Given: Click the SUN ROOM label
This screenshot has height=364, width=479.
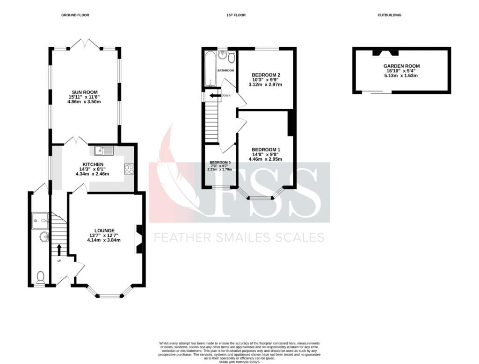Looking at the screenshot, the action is coord(85,92).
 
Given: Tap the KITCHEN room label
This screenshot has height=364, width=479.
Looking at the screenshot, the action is coord(93,164).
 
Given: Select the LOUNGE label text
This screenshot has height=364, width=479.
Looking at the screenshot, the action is coord(104,231).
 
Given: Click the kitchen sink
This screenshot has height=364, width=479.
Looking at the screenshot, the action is coord(104,150).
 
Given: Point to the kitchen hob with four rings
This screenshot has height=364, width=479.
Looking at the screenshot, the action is coord(129,169).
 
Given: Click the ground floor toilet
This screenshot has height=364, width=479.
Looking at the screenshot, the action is coord(40,278).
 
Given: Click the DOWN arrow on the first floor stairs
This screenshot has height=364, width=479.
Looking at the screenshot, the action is coord(215,96).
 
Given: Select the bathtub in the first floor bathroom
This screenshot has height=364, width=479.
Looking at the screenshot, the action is coord(210,69).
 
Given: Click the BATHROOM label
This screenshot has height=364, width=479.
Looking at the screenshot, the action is coord(225,71).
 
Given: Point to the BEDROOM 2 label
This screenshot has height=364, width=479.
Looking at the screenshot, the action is coord(266,75).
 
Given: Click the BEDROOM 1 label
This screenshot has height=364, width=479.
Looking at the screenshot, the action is coord(266,150).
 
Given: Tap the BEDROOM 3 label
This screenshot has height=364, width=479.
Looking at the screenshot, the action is coord(220,162).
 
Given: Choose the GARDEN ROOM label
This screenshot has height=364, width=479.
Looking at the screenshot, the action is coord(401,66).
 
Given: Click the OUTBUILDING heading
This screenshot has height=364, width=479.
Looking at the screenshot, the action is coord(389,15).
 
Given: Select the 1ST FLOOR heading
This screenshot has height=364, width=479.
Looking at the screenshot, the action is coord(236,15).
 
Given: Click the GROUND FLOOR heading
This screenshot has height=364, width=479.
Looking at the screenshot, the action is coord(75,15).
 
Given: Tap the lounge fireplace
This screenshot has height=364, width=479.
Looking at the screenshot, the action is coord(139,239).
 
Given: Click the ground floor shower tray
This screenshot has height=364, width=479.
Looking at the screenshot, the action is coord(40,221).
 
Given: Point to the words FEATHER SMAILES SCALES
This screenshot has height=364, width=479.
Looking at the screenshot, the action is coord(239,237).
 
